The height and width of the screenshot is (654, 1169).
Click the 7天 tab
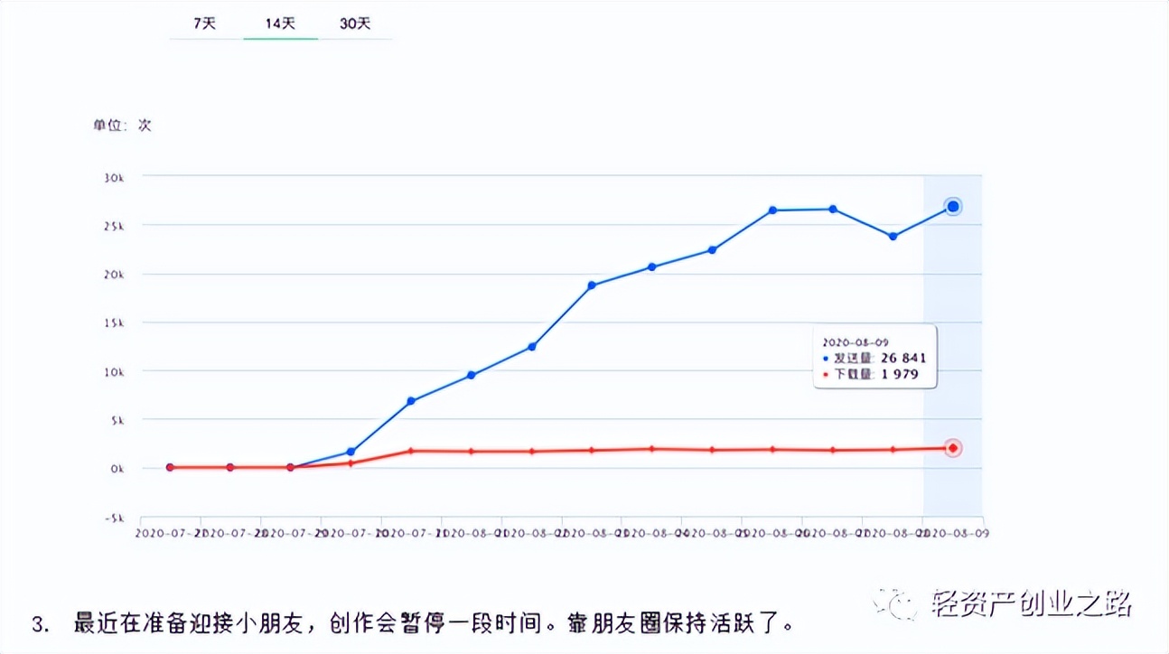pyautogui.click(x=205, y=24)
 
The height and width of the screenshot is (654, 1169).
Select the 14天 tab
pyautogui.click(x=280, y=24)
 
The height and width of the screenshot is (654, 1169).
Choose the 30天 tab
pyautogui.click(x=355, y=24)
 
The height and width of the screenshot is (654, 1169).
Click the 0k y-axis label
pyautogui.click(x=115, y=468)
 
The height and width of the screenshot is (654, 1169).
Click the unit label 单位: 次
pyautogui.click(x=122, y=126)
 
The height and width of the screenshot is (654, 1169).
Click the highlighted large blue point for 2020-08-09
pyautogui.click(x=952, y=207)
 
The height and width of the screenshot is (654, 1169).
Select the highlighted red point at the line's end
pyautogui.click(x=952, y=448)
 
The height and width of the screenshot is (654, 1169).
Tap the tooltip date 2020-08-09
pyautogui.click(x=856, y=342)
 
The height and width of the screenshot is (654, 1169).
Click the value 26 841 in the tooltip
pyautogui.click(x=900, y=358)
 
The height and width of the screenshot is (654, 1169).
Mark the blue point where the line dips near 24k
pyautogui.click(x=893, y=237)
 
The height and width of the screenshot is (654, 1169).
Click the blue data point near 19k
pyautogui.click(x=592, y=285)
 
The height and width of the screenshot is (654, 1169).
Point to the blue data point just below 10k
pyautogui.click(x=471, y=375)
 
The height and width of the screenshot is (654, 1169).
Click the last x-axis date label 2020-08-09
pyautogui.click(x=956, y=533)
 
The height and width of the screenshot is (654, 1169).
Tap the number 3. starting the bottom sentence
pyautogui.click(x=40, y=624)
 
